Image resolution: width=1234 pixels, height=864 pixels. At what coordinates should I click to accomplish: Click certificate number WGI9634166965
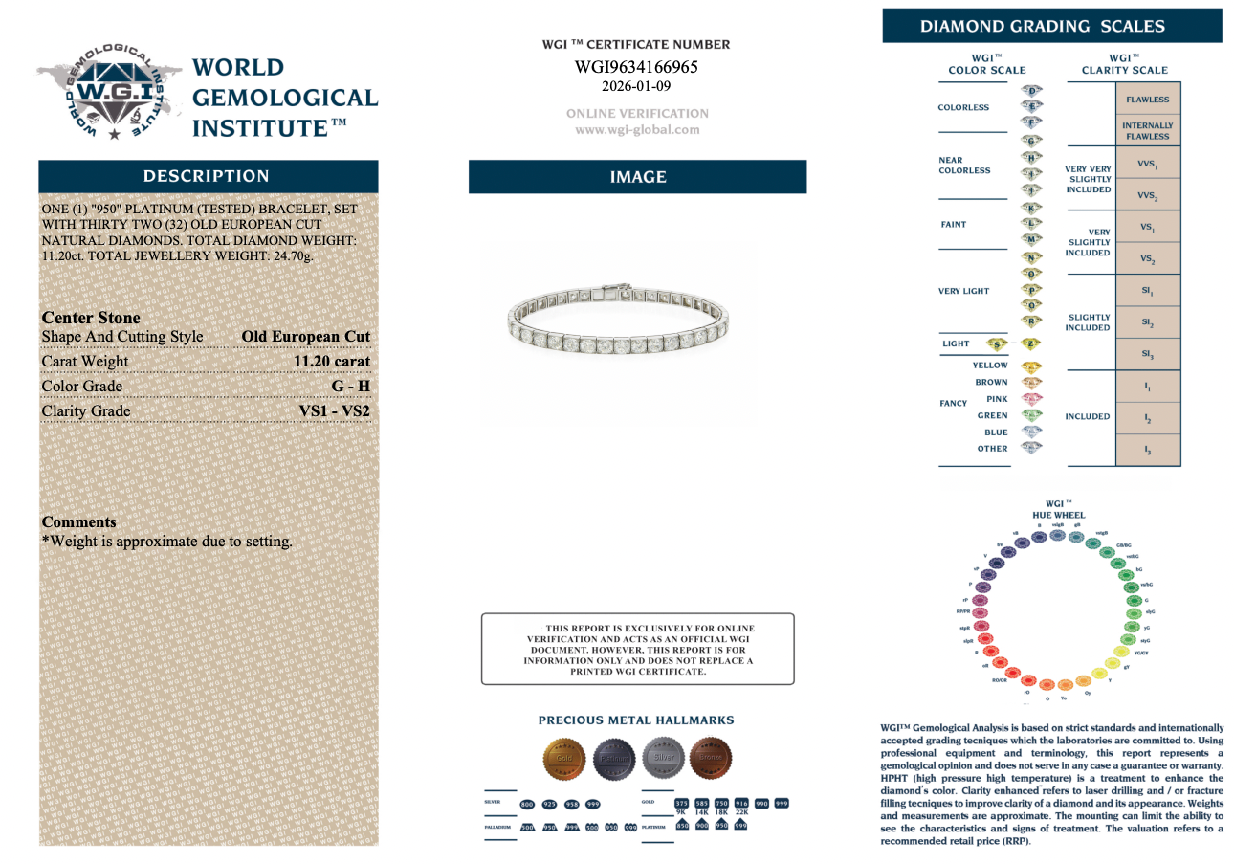(x=636, y=67)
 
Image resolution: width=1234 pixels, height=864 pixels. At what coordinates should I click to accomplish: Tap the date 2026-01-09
(x=636, y=86)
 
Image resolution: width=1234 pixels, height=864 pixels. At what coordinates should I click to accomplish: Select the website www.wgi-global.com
(x=637, y=129)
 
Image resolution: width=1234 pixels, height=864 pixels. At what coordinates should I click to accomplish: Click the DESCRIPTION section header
(x=207, y=176)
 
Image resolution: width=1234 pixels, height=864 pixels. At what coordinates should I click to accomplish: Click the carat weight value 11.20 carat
(x=331, y=362)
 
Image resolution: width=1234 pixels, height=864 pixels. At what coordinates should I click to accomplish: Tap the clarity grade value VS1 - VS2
(x=334, y=411)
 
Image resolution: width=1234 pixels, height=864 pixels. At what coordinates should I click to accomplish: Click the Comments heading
(x=79, y=522)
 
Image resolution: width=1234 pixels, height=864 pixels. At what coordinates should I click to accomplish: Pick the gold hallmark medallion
(x=563, y=758)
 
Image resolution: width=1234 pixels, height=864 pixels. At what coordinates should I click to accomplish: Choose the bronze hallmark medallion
(x=710, y=758)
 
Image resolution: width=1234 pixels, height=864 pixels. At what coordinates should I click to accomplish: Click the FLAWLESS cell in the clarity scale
(x=1147, y=100)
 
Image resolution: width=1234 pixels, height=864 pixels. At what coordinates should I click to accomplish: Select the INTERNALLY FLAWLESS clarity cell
(x=1147, y=131)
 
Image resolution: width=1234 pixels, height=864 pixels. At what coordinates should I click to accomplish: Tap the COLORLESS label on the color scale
(x=963, y=107)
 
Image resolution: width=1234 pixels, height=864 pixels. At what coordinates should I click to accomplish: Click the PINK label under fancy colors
(x=997, y=399)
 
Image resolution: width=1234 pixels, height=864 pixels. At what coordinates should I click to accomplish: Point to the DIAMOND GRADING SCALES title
(x=1042, y=26)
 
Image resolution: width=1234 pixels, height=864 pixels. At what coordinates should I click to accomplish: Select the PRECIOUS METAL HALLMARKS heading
(x=636, y=720)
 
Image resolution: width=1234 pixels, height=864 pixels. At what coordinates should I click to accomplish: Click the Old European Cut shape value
(x=305, y=337)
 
